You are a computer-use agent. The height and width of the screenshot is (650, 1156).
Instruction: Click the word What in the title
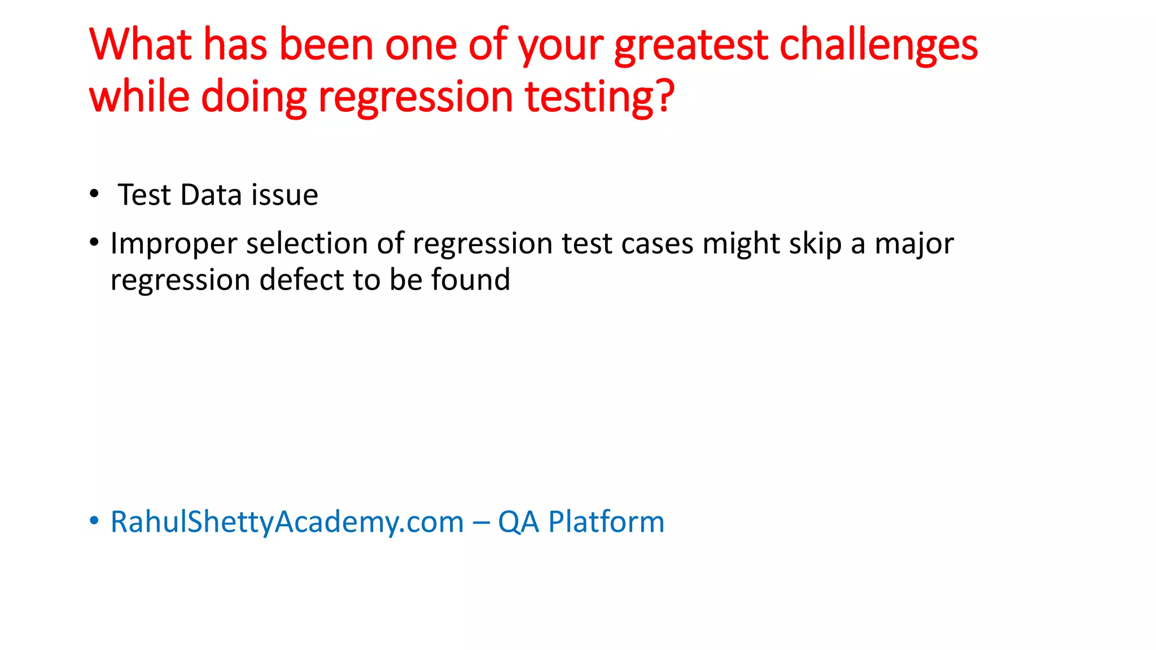point(140,45)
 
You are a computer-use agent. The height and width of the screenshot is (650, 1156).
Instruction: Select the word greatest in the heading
point(691,45)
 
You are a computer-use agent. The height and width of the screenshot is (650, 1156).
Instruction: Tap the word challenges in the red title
point(878,45)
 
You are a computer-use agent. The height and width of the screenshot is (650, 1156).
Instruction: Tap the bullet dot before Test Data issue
point(94,194)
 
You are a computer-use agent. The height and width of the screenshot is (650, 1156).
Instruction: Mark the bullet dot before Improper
point(94,243)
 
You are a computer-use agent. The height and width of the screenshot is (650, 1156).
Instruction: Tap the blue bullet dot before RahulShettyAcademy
point(94,520)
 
